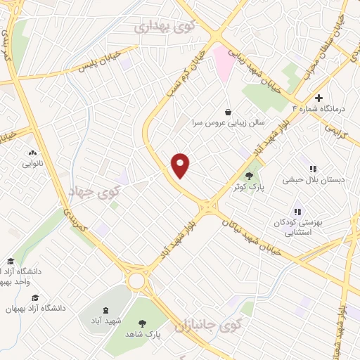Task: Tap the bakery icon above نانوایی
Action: point(32,152)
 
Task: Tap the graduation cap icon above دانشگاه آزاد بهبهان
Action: point(35,297)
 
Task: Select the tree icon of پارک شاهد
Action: point(143,323)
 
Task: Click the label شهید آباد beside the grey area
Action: point(105,321)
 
